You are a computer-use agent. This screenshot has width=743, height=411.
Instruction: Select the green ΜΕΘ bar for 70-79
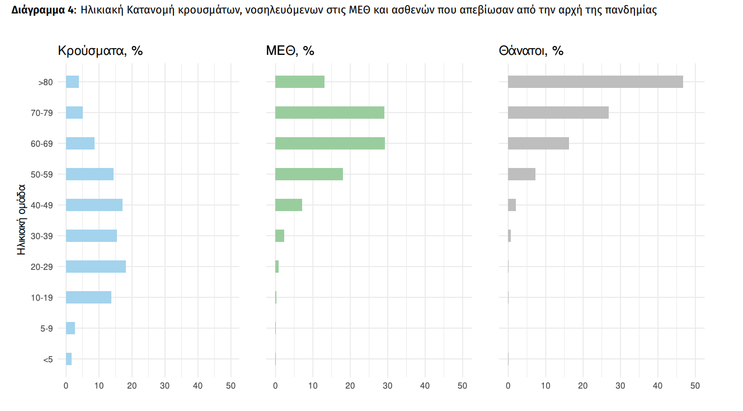tap(330, 113)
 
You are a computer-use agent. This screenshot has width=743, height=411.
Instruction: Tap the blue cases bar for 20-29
tap(96, 267)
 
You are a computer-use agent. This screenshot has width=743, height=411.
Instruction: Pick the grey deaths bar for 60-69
tap(538, 143)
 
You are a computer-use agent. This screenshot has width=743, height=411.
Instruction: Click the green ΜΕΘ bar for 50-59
tap(309, 174)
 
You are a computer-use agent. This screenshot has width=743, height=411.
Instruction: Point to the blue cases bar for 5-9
tap(70, 328)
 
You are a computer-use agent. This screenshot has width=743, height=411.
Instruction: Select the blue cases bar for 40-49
tap(94, 205)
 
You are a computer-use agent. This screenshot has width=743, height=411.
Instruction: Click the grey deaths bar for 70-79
tap(558, 113)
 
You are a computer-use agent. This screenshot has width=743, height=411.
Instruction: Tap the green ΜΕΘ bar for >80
tap(300, 82)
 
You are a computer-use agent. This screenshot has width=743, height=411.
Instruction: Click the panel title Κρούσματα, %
tap(101, 51)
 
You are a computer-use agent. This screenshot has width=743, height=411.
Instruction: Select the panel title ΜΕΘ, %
tap(290, 51)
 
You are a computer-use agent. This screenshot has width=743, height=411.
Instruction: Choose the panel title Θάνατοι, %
tap(531, 51)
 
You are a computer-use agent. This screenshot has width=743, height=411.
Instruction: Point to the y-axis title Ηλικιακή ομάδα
tap(22, 220)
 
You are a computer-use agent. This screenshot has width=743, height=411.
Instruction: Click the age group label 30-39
tap(42, 236)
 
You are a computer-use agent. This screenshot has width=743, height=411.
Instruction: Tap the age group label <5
tap(48, 359)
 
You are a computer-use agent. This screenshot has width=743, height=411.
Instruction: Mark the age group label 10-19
tap(42, 297)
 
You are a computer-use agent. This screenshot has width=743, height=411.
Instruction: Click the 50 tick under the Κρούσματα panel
tap(231, 386)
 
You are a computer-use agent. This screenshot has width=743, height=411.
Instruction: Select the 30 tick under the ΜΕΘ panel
tap(387, 386)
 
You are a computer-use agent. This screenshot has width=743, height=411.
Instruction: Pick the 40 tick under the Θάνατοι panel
tap(658, 386)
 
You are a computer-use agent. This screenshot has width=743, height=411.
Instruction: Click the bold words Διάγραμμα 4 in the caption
tap(43, 11)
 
